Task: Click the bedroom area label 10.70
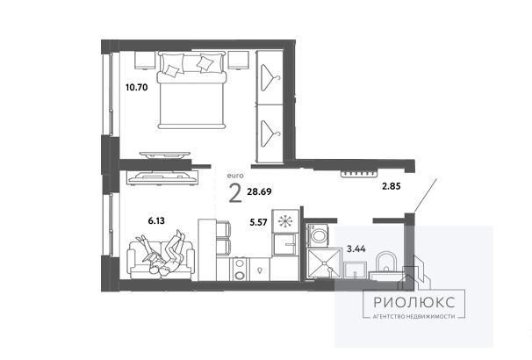[136, 88]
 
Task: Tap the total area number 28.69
[259, 191]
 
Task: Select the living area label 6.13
[156, 221]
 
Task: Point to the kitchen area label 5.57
[258, 222]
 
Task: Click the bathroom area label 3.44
[356, 249]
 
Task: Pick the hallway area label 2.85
[392, 186]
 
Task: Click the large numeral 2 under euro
[235, 193]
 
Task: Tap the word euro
[235, 176]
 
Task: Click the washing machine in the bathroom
[318, 234]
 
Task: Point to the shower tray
[324, 263]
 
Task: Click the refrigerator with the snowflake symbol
[285, 221]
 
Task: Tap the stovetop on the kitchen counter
[240, 269]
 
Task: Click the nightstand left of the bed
[145, 60]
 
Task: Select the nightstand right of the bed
[239, 60]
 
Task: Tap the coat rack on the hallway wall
[359, 174]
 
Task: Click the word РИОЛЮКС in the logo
[414, 302]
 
